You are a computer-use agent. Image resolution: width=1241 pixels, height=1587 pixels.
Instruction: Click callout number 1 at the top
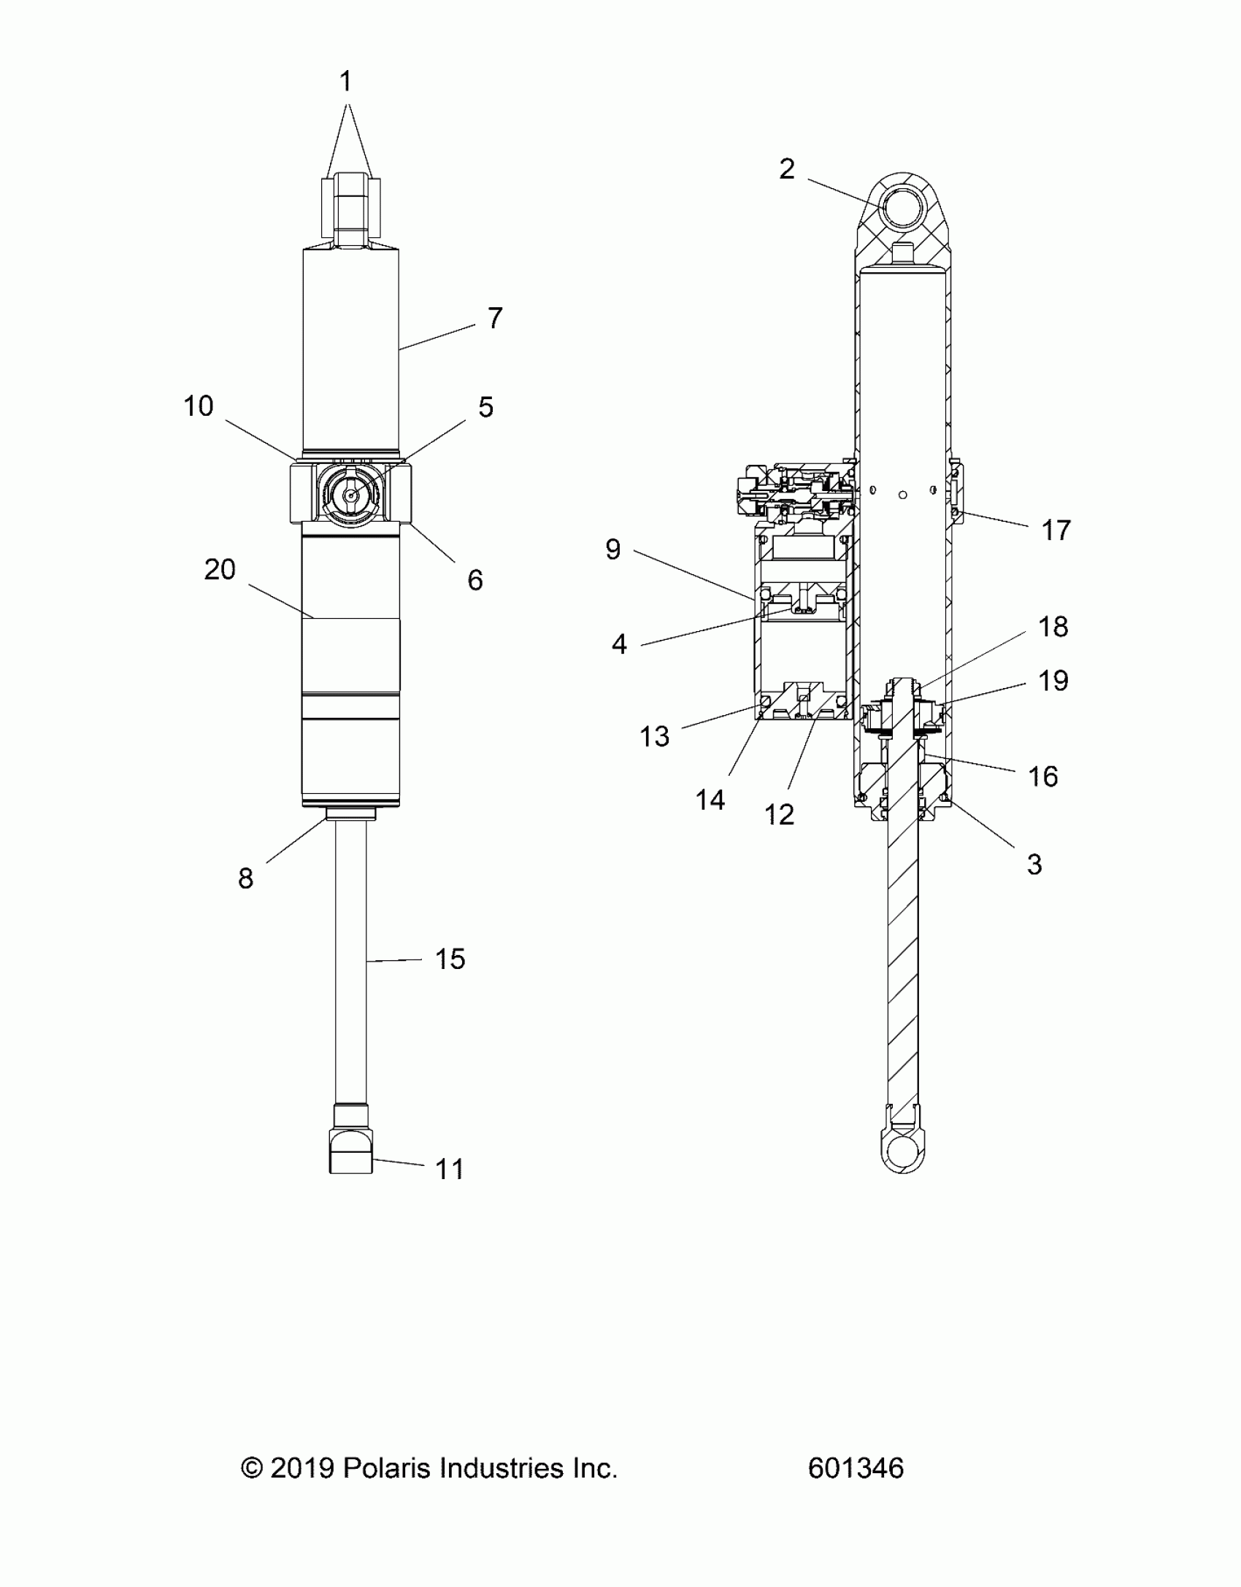coord(346,81)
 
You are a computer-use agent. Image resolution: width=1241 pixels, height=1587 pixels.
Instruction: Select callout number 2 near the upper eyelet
coord(786,169)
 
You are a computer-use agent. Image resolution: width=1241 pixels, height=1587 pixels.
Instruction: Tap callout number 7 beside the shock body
coord(495,318)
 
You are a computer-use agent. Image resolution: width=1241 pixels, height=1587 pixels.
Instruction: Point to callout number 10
coord(198,406)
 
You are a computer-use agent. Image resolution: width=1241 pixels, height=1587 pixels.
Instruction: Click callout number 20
coord(219,570)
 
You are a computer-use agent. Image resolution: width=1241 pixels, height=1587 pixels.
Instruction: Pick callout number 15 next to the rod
coord(450,959)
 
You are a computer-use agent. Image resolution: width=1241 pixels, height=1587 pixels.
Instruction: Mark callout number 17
coord(1056,530)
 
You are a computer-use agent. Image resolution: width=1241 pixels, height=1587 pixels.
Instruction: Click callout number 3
coord(1034,865)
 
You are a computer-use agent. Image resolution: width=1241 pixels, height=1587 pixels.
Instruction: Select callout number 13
coord(654,737)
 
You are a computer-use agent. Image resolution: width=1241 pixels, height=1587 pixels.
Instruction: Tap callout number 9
coord(613,549)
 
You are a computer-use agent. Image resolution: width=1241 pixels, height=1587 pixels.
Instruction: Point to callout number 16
coord(1042,777)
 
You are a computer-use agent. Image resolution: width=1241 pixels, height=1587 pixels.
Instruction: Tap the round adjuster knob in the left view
coord(351,494)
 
